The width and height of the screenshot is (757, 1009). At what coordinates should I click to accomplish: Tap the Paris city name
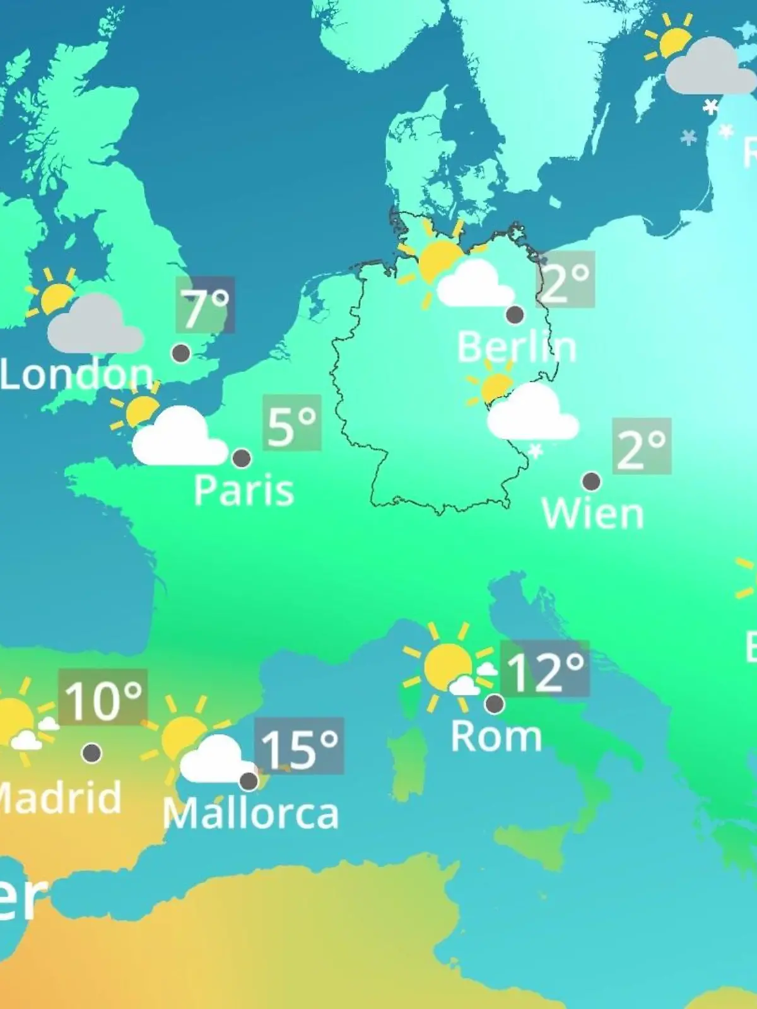pyautogui.click(x=244, y=490)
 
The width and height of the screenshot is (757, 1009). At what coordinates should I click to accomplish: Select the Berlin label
pyautogui.click(x=516, y=347)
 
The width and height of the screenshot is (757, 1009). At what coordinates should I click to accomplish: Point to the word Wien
pyautogui.click(x=592, y=514)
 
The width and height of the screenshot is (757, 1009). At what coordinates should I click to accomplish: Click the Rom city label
pyautogui.click(x=496, y=737)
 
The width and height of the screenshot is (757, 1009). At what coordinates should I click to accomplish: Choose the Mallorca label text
pyautogui.click(x=250, y=814)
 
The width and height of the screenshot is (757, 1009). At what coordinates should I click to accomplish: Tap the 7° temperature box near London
pyautogui.click(x=205, y=305)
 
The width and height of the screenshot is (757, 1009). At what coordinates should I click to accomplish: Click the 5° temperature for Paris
pyautogui.click(x=292, y=423)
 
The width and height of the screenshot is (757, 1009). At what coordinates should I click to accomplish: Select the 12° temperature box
pyautogui.click(x=545, y=669)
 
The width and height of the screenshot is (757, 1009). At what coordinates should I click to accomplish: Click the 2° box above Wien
pyautogui.click(x=642, y=446)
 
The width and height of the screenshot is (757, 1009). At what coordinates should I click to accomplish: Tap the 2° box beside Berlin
pyautogui.click(x=566, y=279)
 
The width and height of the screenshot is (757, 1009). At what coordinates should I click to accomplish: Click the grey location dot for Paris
pyautogui.click(x=242, y=458)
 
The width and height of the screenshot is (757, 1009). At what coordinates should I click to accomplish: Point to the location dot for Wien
pyautogui.click(x=591, y=482)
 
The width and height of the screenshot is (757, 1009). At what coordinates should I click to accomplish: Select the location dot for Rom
pyautogui.click(x=495, y=703)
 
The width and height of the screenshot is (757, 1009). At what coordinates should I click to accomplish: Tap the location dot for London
pyautogui.click(x=181, y=353)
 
